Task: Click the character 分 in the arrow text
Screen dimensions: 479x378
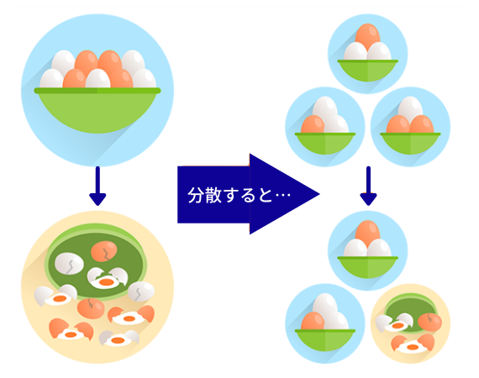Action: pyautogui.click(x=196, y=195)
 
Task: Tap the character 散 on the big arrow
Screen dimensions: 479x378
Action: pyautogui.click(x=213, y=195)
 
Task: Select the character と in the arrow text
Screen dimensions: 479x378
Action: pyautogui.click(x=266, y=196)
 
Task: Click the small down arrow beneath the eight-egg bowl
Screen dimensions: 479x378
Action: pyautogui.click(x=97, y=186)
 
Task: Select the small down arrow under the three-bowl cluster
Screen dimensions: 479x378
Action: pyautogui.click(x=368, y=186)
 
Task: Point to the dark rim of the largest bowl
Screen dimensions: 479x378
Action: pyautogui.click(x=97, y=91)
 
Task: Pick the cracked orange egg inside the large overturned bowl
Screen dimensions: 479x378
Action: pyautogui.click(x=104, y=251)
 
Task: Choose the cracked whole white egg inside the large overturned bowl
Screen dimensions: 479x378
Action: pyautogui.click(x=70, y=264)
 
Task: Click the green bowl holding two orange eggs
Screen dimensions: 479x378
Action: pyautogui.click(x=410, y=144)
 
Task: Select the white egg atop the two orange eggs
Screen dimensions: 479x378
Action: pyautogui.click(x=410, y=108)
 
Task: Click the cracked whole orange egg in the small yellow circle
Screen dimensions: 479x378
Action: pyautogui.click(x=429, y=322)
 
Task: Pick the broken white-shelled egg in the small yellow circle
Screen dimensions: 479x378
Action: pyautogui.click(x=394, y=323)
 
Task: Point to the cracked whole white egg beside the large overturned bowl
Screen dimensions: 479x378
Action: pyautogui.click(x=141, y=291)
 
